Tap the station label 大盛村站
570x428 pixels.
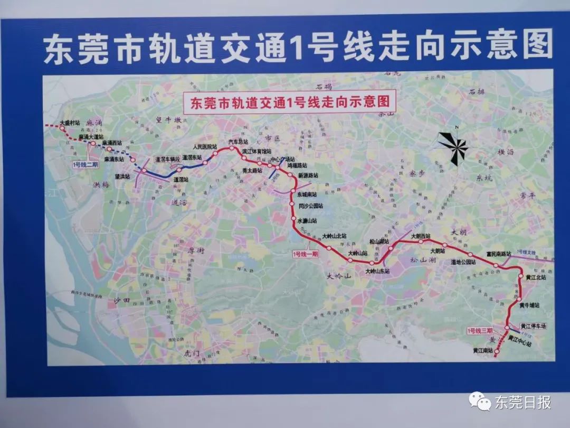click(x=70, y=122)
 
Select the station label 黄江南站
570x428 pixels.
click(x=482, y=351)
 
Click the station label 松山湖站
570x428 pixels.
click(x=379, y=241)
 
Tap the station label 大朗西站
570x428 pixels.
click(x=421, y=236)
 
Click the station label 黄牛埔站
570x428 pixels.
click(x=529, y=305)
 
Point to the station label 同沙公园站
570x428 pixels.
click(x=310, y=207)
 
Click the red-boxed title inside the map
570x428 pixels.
click(x=289, y=101)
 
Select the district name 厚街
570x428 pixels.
click(x=196, y=251)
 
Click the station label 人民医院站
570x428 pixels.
click(x=205, y=146)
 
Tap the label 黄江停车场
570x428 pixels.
click(x=533, y=326)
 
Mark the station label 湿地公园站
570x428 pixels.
click(x=463, y=262)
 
